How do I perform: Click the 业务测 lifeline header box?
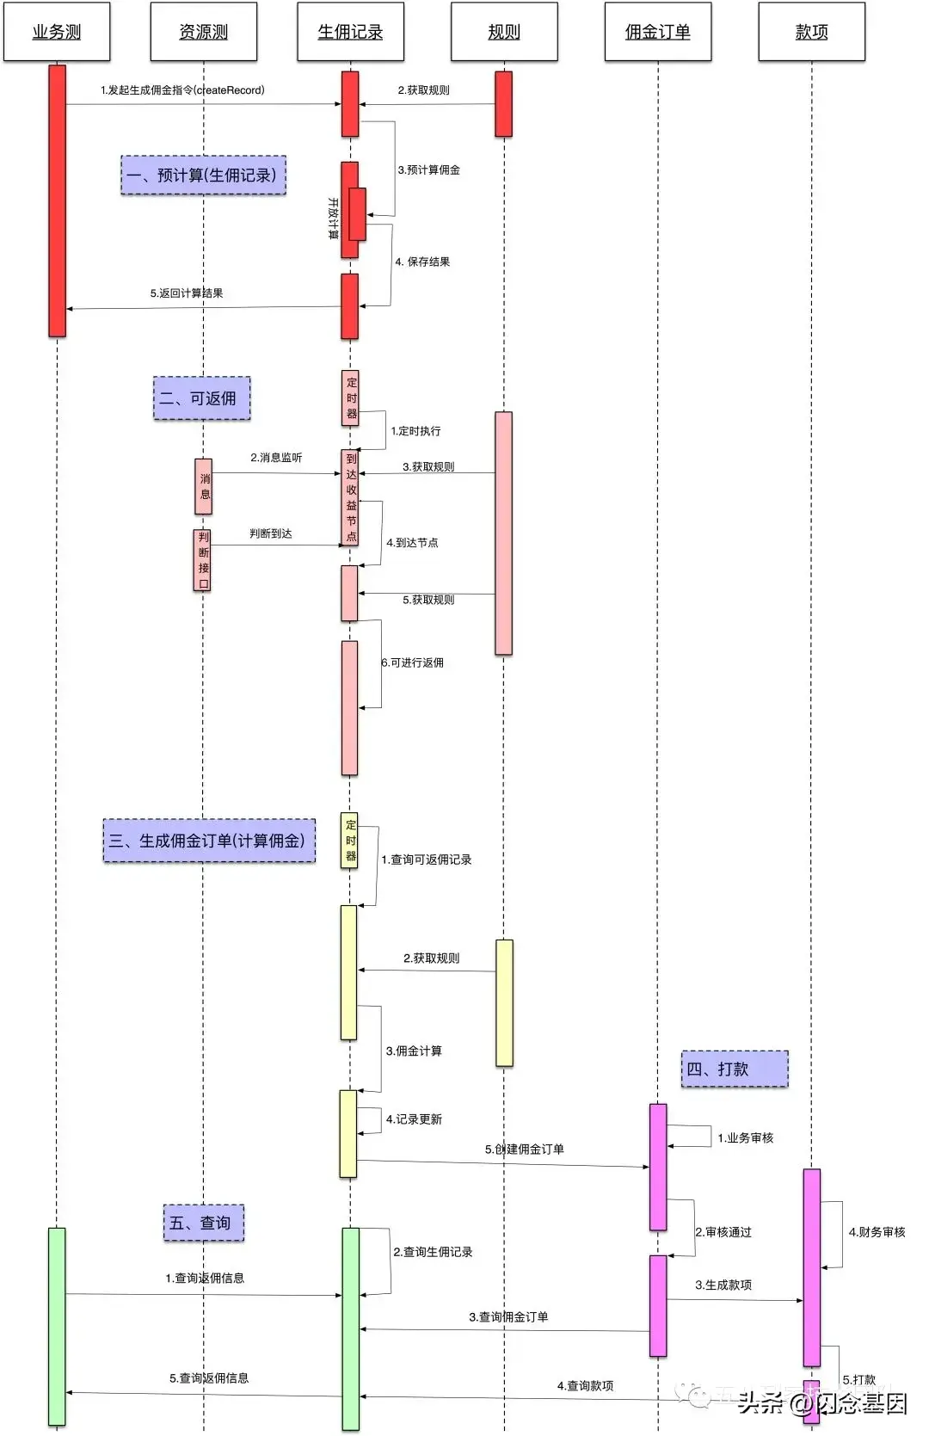click(57, 32)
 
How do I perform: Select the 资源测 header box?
click(203, 32)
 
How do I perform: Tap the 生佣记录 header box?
click(350, 32)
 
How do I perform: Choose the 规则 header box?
click(504, 32)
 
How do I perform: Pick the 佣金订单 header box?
click(657, 32)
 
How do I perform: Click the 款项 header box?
click(811, 32)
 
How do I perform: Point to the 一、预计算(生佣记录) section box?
click(203, 176)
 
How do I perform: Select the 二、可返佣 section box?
click(201, 398)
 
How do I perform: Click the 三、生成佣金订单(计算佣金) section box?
click(209, 841)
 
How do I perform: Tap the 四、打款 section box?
click(734, 1069)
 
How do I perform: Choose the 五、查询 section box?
click(203, 1223)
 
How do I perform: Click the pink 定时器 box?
click(350, 398)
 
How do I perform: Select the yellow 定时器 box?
click(349, 841)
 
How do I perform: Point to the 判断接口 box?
click(202, 560)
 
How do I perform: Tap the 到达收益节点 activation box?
click(350, 497)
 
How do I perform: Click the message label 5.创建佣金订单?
click(524, 1149)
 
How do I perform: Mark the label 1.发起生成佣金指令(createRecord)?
click(182, 90)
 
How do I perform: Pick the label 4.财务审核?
click(877, 1232)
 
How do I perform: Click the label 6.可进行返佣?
click(413, 663)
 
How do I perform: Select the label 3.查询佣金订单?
click(508, 1316)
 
